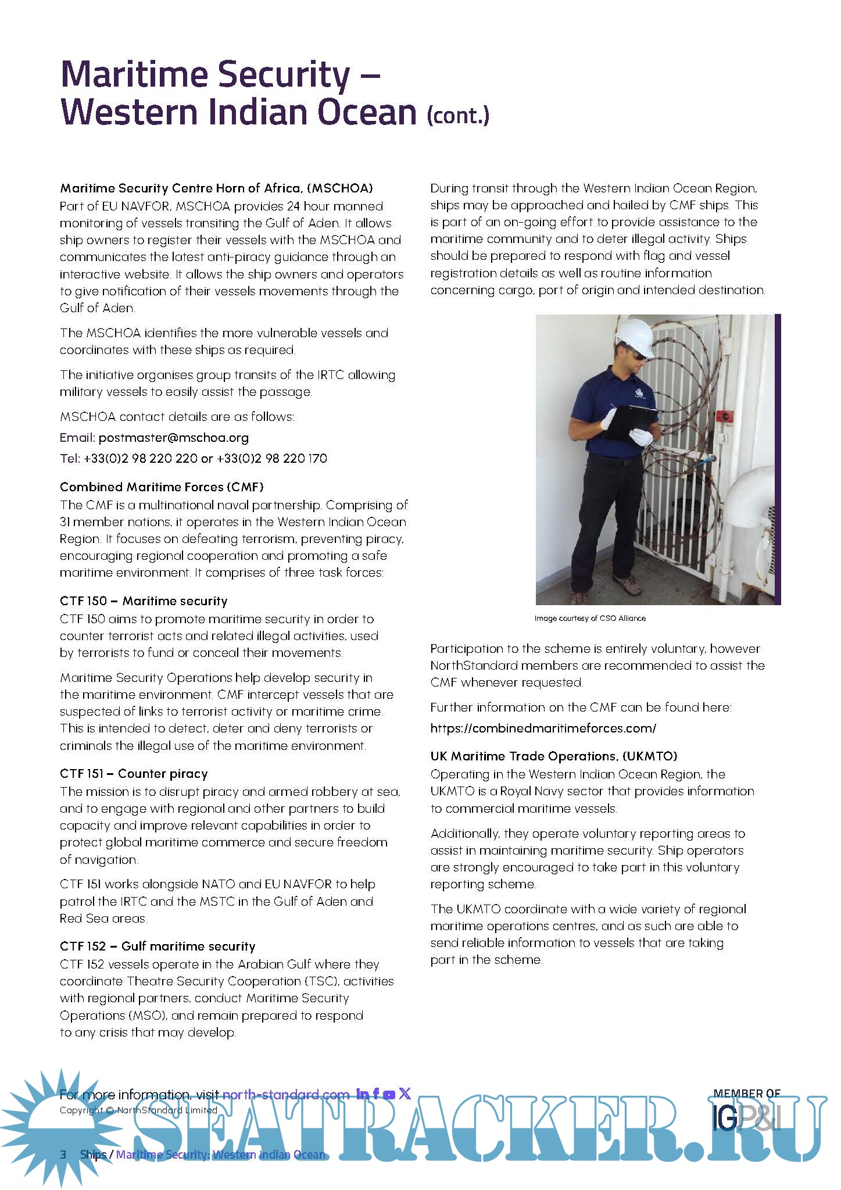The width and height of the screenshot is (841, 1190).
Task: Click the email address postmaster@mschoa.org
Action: pyautogui.click(x=173, y=438)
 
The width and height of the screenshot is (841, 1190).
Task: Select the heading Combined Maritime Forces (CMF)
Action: pyautogui.click(x=162, y=487)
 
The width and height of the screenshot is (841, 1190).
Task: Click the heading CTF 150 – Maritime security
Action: pyautogui.click(x=144, y=601)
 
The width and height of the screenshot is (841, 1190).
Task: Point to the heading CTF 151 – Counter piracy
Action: pyautogui.click(x=134, y=774)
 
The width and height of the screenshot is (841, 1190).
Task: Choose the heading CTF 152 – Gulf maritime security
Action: pyautogui.click(x=158, y=946)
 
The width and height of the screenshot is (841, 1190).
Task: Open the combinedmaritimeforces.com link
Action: pyautogui.click(x=543, y=728)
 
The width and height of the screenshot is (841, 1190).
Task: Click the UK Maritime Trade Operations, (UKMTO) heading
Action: pyautogui.click(x=554, y=756)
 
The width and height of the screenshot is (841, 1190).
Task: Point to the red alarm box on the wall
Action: pyautogui.click(x=725, y=416)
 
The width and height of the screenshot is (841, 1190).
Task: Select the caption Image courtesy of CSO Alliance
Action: pyautogui.click(x=590, y=619)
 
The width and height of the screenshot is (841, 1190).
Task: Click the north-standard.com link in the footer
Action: pyautogui.click(x=286, y=1094)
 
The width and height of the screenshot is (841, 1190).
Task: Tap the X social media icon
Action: pyautogui.click(x=405, y=1093)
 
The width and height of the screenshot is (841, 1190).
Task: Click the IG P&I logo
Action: pyautogui.click(x=747, y=1116)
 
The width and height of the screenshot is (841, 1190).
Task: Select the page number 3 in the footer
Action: pyautogui.click(x=63, y=1154)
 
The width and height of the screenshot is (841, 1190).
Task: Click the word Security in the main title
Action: pyautogui.click(x=286, y=76)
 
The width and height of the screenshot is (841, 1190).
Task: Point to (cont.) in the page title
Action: pyautogui.click(x=458, y=115)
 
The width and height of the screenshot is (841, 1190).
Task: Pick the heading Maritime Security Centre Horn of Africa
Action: pyautogui.click(x=216, y=188)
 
